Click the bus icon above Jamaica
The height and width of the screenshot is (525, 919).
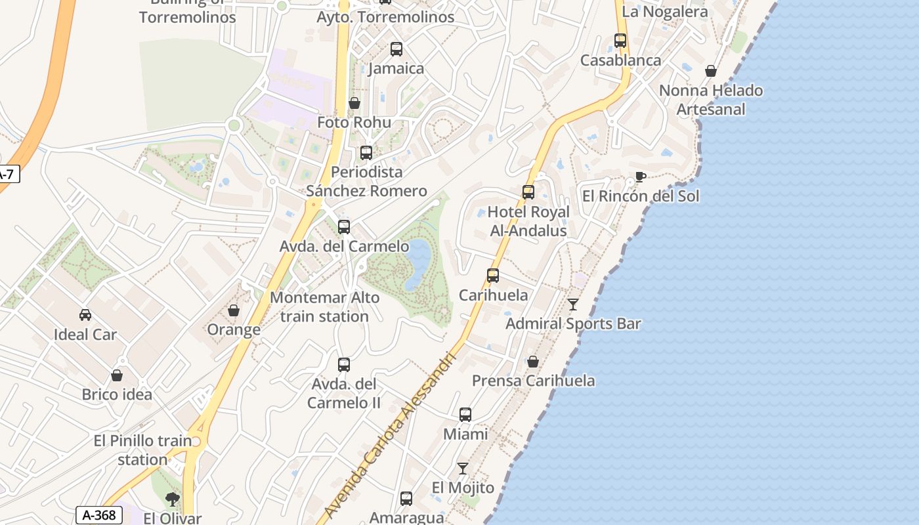click(396, 49)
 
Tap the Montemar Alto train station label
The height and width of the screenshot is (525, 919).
click(325, 307)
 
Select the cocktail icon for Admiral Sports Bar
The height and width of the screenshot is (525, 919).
click(573, 304)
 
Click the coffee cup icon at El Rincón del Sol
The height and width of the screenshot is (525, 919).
click(641, 177)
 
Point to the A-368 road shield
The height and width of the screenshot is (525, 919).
click(98, 515)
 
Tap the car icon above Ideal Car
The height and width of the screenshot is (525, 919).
click(85, 315)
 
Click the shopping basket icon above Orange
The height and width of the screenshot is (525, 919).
click(234, 310)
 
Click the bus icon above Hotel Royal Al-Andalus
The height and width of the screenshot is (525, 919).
click(528, 192)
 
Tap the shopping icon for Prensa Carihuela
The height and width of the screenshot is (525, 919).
click(533, 362)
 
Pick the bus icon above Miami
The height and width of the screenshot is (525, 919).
click(465, 415)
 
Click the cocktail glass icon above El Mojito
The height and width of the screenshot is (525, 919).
click(463, 468)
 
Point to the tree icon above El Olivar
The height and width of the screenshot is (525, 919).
click(173, 499)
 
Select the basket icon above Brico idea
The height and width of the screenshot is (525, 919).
click(117, 375)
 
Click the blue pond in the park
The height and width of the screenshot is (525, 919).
click(418, 264)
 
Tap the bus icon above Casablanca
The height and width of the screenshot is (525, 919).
click(620, 41)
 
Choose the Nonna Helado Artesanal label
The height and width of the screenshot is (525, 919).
click(711, 100)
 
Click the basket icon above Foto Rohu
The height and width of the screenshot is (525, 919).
click(354, 103)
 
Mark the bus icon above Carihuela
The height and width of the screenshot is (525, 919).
click(493, 276)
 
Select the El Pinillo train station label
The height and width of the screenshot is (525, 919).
click(142, 450)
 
